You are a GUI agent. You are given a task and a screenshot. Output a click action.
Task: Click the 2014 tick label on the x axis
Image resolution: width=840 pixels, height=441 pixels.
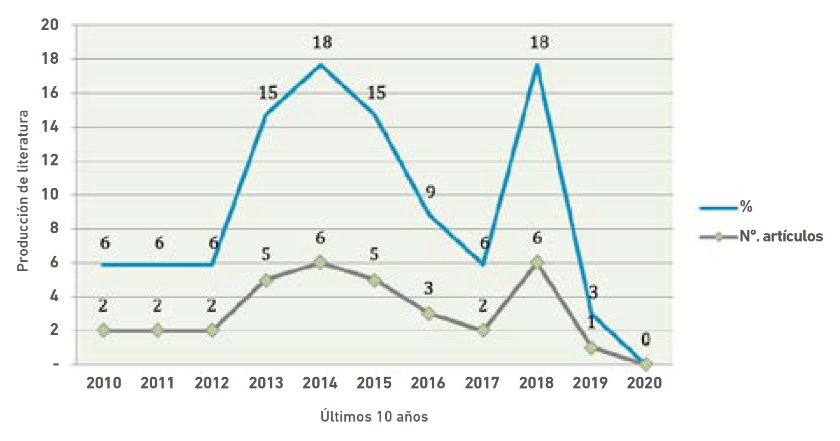coord(320,383)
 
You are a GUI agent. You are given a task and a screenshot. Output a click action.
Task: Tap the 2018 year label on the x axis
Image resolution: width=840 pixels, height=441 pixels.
coord(536,383)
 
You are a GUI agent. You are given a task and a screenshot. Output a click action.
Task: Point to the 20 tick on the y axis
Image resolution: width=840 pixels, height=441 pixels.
coord(50,25)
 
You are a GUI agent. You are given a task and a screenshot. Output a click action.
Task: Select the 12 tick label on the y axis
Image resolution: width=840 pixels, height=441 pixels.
coord(50,161)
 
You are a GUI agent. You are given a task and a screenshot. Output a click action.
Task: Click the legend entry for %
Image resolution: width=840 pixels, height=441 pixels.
coord(746,207)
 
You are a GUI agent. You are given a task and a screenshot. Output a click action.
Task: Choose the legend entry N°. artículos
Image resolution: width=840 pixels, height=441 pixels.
coord(781,236)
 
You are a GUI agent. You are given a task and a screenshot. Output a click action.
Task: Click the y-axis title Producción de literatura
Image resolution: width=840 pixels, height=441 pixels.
coord(23,191)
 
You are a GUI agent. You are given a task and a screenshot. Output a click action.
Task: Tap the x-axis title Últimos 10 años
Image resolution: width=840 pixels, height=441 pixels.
coord(374,416)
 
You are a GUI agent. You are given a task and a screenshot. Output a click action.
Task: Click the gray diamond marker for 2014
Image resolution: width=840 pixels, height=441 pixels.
coord(320,263)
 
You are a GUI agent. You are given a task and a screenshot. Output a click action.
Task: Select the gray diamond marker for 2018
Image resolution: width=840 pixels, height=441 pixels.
coord(536,263)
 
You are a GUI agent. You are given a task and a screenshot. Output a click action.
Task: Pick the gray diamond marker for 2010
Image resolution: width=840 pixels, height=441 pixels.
coord(104,331)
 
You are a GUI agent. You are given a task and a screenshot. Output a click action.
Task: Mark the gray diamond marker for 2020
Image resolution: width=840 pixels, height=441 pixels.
coord(645,364)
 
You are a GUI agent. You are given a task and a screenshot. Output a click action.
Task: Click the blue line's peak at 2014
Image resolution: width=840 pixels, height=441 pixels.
coord(320,64)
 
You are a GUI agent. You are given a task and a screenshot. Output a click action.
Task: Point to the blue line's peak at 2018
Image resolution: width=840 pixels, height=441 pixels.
coord(537,64)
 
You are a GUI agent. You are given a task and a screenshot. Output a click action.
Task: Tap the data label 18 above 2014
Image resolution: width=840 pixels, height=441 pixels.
coord(322,42)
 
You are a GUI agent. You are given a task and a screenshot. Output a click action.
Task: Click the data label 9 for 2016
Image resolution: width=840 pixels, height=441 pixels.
coord(430,192)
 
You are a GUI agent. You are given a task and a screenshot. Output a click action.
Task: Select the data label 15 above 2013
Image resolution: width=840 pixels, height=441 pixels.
coord(268,93)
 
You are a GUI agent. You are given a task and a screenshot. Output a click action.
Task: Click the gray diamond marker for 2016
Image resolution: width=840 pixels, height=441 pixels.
coord(428,313)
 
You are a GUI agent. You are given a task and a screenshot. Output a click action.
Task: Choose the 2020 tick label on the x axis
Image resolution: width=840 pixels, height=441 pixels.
coord(644,383)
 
